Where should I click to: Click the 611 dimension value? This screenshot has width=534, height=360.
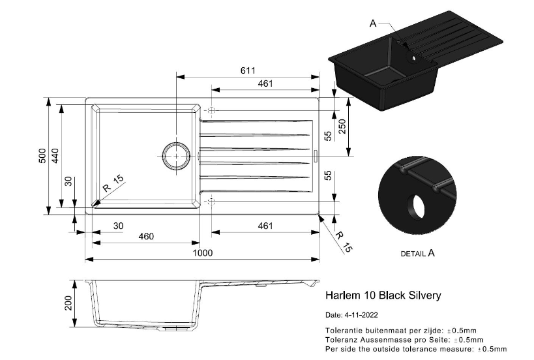[x=248, y=70]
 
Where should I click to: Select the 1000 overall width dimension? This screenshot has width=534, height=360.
[x=203, y=252]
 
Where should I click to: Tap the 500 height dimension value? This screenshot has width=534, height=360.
[x=42, y=156]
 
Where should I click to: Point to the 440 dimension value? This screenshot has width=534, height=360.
[x=55, y=156]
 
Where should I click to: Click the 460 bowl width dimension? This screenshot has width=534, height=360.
[x=146, y=236]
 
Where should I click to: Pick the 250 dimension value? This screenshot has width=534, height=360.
[x=342, y=127]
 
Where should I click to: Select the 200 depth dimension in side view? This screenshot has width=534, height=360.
[x=68, y=303]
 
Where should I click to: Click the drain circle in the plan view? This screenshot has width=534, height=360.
[x=176, y=156]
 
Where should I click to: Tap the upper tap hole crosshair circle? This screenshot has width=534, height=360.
[x=211, y=111]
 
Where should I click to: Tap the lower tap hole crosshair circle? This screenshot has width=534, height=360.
[x=211, y=202]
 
